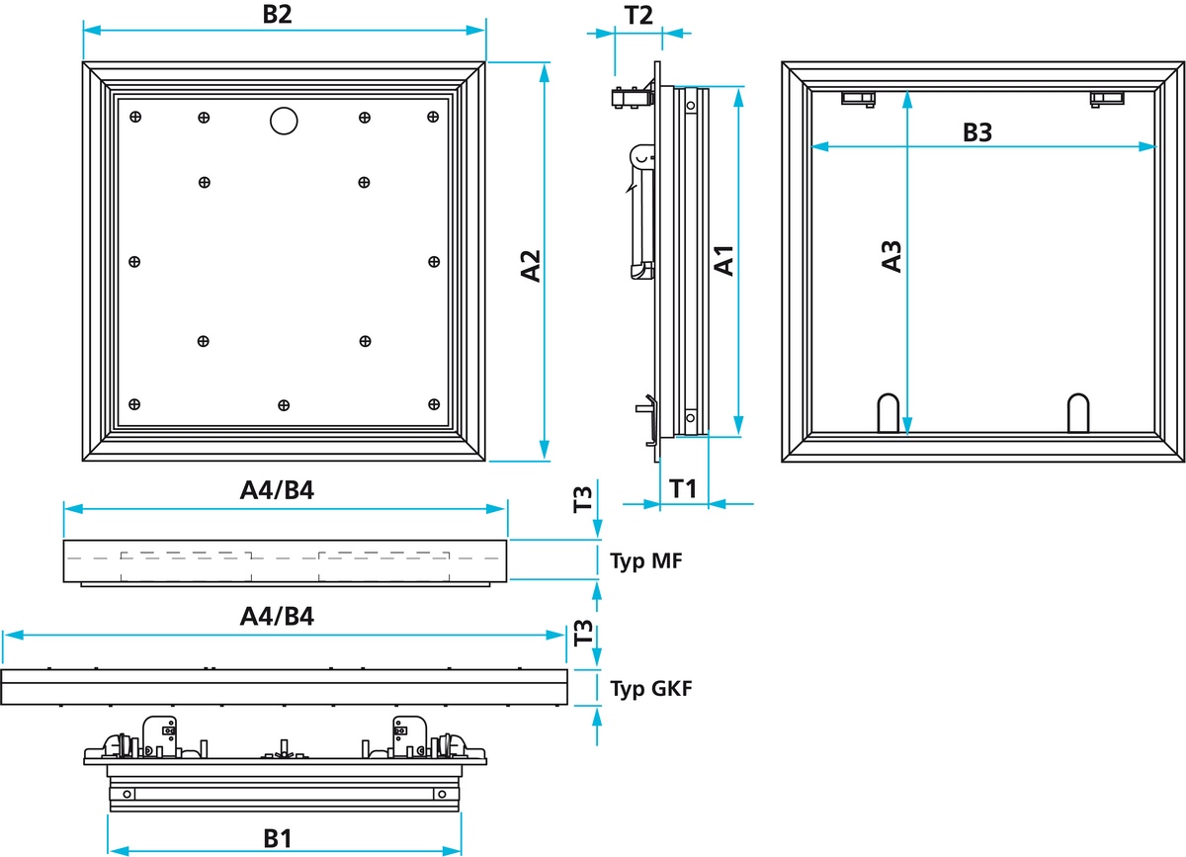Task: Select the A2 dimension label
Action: pyautogui.click(x=531, y=266)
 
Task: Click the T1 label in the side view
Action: pyautogui.click(x=684, y=487)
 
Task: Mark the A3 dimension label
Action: pyautogui.click(x=891, y=256)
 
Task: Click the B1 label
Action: pyautogui.click(x=278, y=838)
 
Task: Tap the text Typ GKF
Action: pyautogui.click(x=650, y=689)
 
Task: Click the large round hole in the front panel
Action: pyautogui.click(x=284, y=121)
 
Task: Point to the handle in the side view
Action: pyautogui.click(x=641, y=213)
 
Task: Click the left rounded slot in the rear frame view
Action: pyautogui.click(x=889, y=413)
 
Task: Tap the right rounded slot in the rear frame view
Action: pyautogui.click(x=1078, y=413)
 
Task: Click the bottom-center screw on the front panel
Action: pyautogui.click(x=284, y=404)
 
